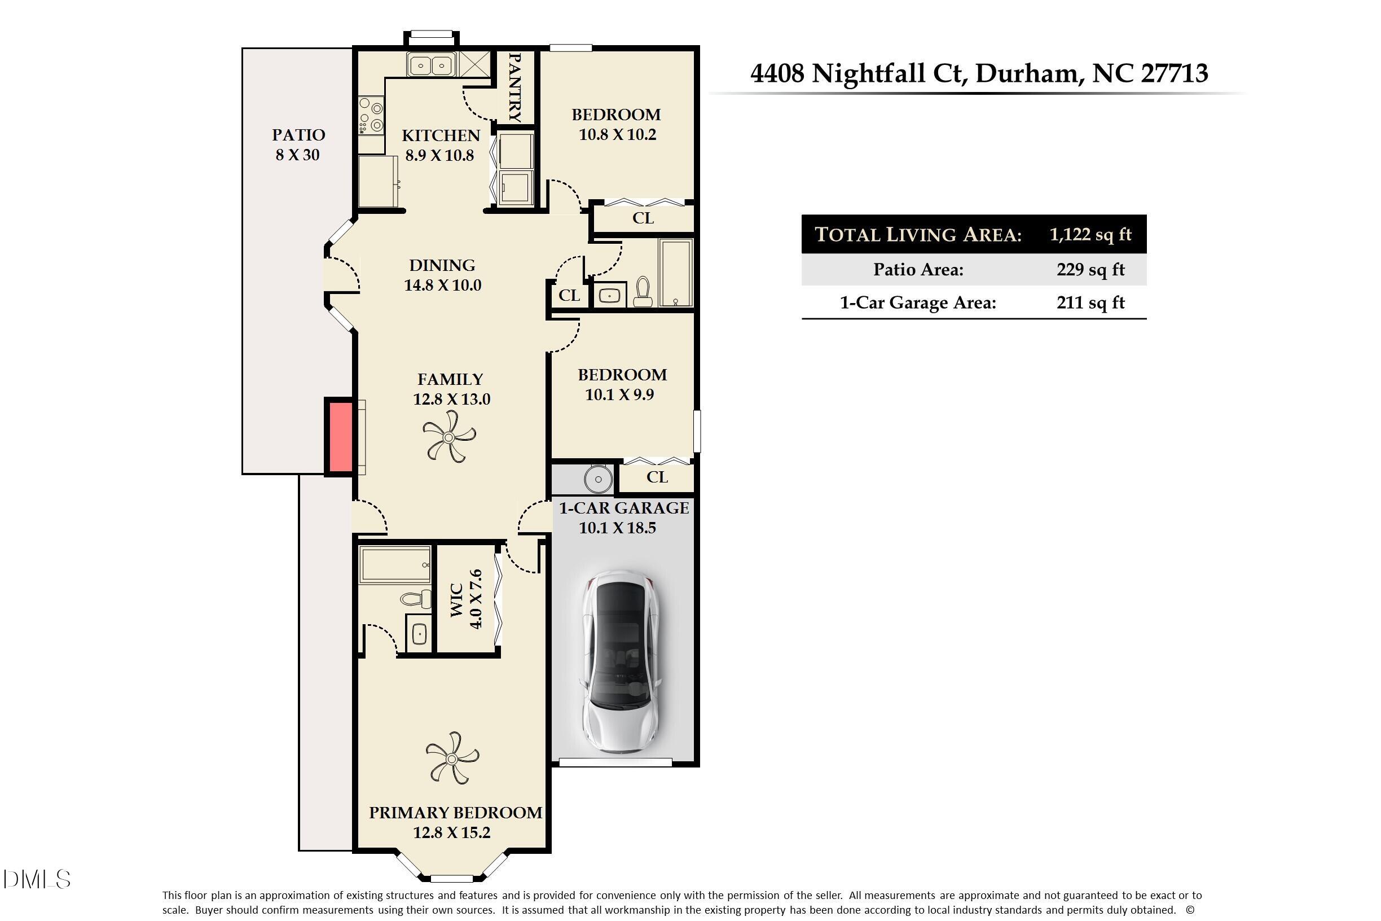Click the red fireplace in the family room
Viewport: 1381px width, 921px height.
tap(340, 436)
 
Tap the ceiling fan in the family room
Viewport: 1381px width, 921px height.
tap(449, 436)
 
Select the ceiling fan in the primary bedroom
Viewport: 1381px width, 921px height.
tap(452, 758)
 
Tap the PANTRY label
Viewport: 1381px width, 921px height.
tap(515, 87)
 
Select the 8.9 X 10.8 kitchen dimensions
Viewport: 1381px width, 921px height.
tap(439, 156)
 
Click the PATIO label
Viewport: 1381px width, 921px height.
tap(298, 135)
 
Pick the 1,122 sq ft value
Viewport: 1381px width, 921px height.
tap(1090, 234)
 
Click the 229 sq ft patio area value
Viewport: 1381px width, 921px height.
tap(1090, 270)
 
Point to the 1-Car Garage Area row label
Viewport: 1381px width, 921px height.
tap(918, 303)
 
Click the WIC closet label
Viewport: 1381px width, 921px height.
tap(457, 600)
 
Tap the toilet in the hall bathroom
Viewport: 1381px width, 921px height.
tap(644, 292)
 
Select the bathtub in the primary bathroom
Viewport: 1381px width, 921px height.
tap(394, 564)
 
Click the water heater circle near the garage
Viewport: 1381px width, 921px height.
tap(599, 479)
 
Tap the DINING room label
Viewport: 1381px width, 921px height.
tap(442, 265)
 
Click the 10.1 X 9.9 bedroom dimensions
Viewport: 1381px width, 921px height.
tap(619, 394)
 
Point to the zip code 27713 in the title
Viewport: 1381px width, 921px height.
tap(1175, 73)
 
